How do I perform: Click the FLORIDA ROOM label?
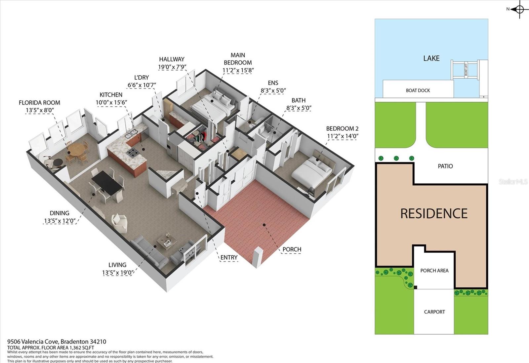(39, 103)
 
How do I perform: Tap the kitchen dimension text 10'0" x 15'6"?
(111, 102)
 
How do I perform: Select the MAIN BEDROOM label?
(238, 59)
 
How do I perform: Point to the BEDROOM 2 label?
(342, 128)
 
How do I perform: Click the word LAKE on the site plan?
(431, 58)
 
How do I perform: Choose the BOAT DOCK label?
(418, 91)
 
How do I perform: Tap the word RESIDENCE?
(434, 213)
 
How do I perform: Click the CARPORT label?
(434, 312)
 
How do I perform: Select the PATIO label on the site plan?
(445, 166)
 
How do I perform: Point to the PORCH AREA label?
(434, 271)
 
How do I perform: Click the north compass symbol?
(519, 10)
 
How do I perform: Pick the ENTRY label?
(228, 257)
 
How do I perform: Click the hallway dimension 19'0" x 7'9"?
(172, 67)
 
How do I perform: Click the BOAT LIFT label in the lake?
(466, 70)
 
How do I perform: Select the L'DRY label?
(141, 77)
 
